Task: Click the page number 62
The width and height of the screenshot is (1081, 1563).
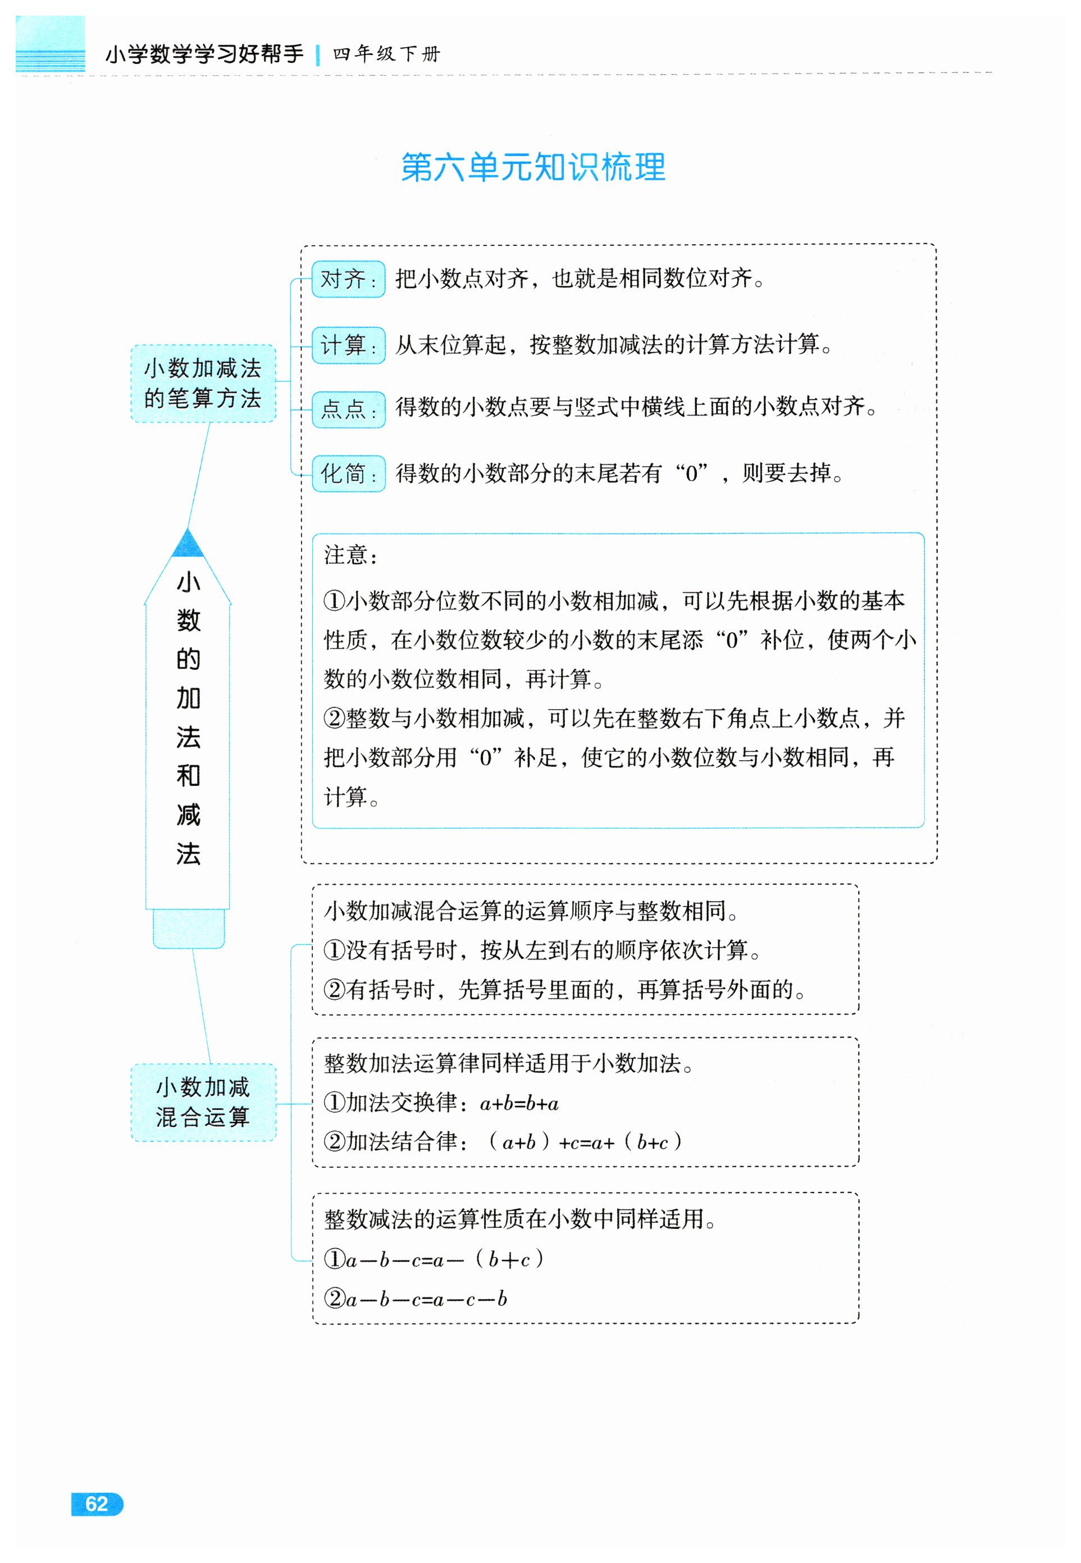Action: click(x=97, y=1503)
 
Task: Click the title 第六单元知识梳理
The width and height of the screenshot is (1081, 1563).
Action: click(x=533, y=167)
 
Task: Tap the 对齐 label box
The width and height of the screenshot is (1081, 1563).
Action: click(x=348, y=278)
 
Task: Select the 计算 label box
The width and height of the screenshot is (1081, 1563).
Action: click(x=348, y=345)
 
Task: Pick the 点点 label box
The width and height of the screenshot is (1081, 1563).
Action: click(x=348, y=409)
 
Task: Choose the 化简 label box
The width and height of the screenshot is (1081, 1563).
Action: click(x=348, y=473)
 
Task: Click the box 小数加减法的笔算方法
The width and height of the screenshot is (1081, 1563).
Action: click(x=203, y=383)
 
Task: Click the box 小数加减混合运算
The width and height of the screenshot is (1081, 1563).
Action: click(x=203, y=1102)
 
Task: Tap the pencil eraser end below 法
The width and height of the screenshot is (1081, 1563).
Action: click(x=188, y=928)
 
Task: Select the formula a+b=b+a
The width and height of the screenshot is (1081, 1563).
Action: click(x=519, y=1103)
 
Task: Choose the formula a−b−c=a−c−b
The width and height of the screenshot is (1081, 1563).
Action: click(x=426, y=1299)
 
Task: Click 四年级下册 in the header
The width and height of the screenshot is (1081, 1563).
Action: click(x=386, y=53)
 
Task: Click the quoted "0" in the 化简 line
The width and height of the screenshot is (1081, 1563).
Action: click(x=691, y=473)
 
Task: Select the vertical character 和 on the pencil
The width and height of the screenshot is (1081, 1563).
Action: click(x=188, y=775)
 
